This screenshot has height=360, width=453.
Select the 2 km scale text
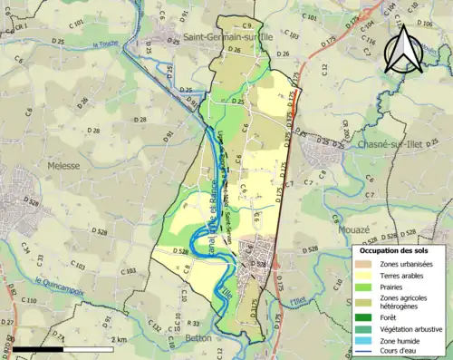(120, 339)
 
